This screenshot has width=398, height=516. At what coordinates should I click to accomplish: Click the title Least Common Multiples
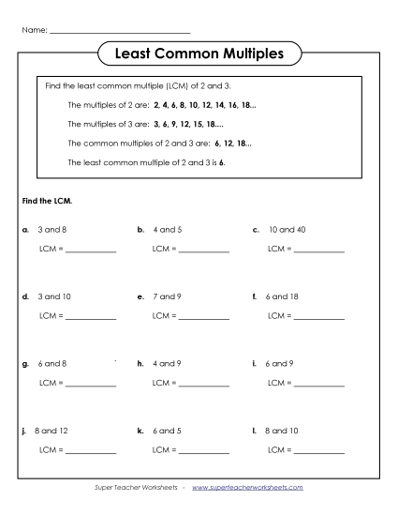tap(199, 54)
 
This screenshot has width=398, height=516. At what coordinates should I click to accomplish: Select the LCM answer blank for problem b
tap(203, 250)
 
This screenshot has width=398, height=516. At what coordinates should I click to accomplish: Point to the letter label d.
tap(23, 296)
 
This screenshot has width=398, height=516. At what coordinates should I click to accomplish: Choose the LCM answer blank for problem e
tap(203, 318)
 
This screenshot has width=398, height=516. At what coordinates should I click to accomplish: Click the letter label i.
tap(255, 363)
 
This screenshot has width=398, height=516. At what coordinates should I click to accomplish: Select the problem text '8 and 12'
tap(49, 431)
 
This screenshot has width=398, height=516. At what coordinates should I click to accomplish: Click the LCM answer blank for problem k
tap(203, 452)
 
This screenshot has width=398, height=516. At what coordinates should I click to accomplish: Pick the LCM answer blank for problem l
tap(319, 452)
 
